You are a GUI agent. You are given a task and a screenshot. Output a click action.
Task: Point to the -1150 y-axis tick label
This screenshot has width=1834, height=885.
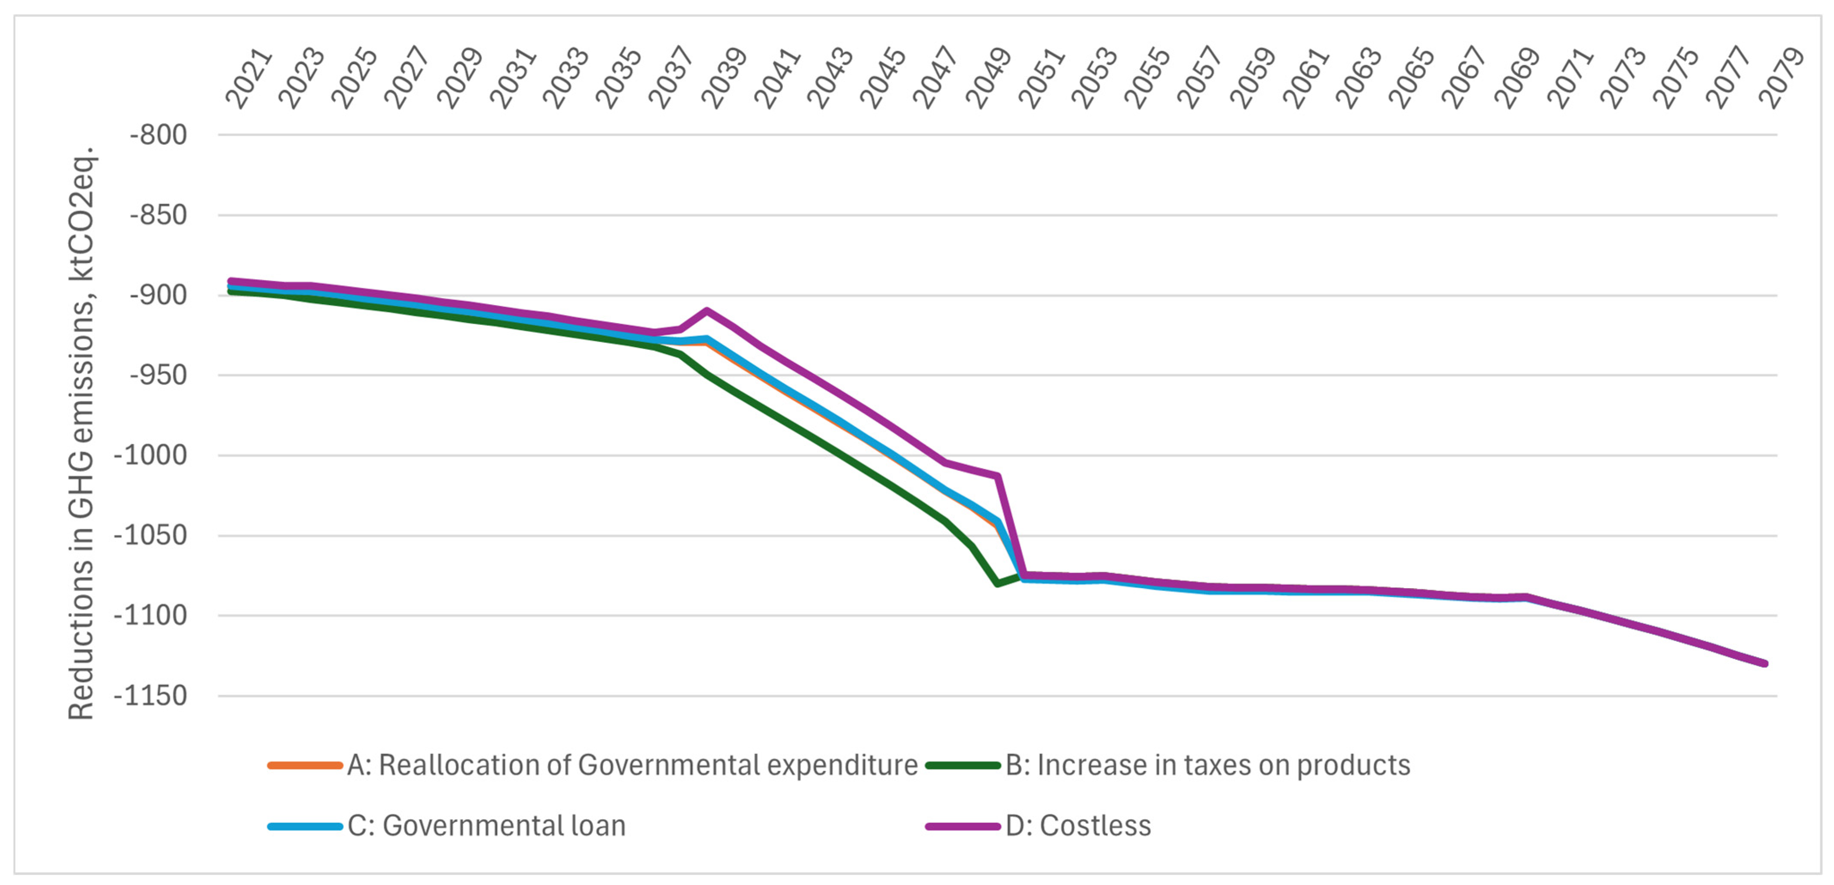[x=150, y=696]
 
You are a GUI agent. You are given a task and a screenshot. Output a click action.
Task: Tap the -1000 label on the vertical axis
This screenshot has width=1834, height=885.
[x=150, y=455]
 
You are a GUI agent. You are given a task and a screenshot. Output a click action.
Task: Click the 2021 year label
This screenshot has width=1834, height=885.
[x=248, y=78]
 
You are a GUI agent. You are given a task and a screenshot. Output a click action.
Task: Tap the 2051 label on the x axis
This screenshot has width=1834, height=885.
[x=1041, y=78]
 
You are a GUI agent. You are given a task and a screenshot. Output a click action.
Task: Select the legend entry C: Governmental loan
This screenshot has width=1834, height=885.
[x=486, y=826]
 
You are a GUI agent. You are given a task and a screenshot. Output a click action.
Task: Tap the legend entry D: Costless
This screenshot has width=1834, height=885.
[x=1077, y=826]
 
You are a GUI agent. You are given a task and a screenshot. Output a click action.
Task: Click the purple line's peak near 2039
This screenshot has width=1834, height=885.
[x=707, y=311]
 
